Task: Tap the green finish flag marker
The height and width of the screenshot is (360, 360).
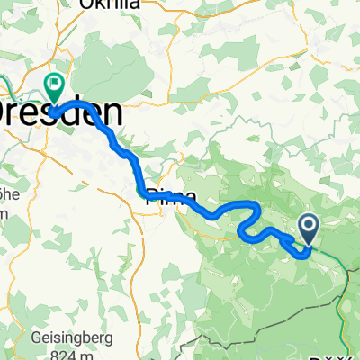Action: pyautogui.click(x=54, y=88)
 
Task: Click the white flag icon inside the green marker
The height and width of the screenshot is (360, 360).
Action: pyautogui.click(x=54, y=85)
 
